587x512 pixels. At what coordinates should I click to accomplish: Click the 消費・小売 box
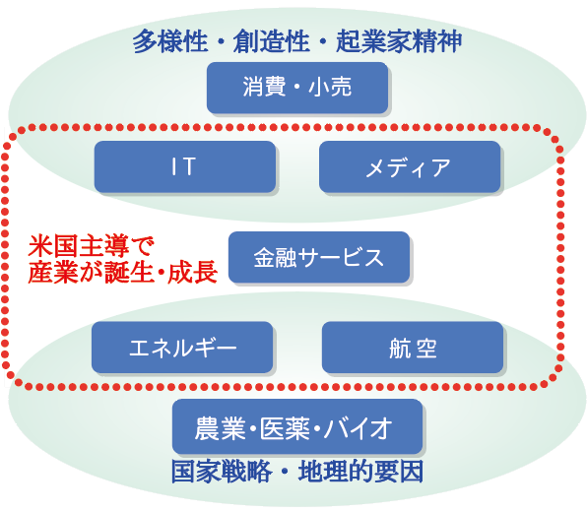tap(297, 88)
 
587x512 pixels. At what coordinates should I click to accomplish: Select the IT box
tap(185, 166)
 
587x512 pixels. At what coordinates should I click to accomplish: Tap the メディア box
tap(410, 166)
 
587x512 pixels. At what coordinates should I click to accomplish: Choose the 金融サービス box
tap(319, 257)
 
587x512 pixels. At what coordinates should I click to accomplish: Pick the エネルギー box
tap(182, 347)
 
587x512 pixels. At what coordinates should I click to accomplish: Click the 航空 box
tap(413, 347)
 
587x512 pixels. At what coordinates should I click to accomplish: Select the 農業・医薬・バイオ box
tap(297, 426)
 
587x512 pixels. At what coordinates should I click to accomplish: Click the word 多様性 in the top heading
tap(170, 41)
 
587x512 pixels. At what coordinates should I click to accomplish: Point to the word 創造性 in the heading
tap(272, 41)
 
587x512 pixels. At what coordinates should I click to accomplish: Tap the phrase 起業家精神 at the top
tap(399, 41)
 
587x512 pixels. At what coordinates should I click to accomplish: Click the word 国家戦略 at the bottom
tap(222, 472)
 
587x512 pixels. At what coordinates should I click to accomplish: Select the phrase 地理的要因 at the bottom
tap(360, 472)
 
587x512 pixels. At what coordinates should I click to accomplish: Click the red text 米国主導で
tap(92, 246)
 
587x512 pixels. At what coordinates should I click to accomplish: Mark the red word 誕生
tap(129, 272)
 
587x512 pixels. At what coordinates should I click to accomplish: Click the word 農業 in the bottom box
tap(221, 427)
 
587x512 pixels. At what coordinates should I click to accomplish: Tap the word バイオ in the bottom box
tap(359, 427)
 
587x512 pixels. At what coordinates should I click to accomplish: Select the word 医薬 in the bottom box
tap(285, 427)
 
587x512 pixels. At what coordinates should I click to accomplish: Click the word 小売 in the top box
tap(330, 87)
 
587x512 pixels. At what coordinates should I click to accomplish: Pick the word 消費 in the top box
tap(264, 87)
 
